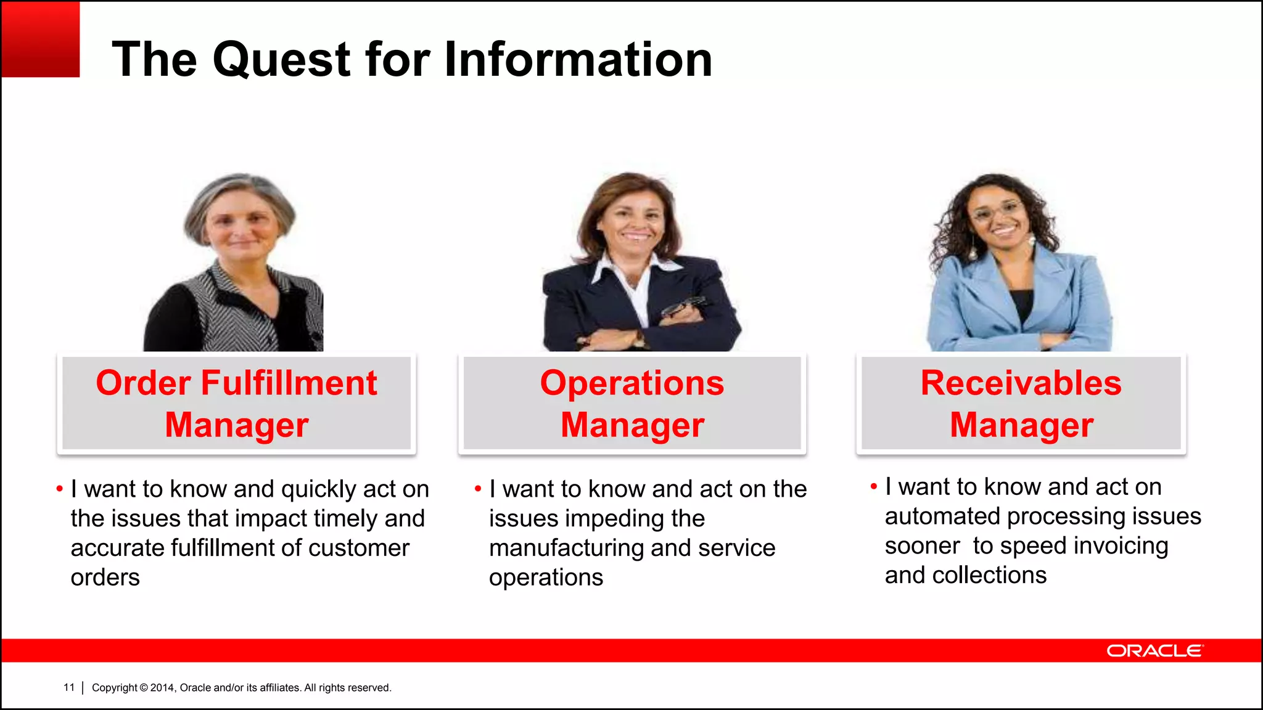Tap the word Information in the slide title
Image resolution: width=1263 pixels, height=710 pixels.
click(578, 60)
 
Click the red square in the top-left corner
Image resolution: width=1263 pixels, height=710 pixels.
click(41, 39)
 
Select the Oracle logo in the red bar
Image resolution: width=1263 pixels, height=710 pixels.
click(1154, 651)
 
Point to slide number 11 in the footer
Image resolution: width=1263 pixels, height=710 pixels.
click(69, 687)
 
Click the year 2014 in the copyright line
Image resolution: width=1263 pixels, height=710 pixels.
click(163, 688)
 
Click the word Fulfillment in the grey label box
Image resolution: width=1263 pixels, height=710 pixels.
click(289, 383)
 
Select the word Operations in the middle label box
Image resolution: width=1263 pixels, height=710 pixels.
click(632, 383)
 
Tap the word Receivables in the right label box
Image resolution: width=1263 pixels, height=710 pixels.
click(1021, 383)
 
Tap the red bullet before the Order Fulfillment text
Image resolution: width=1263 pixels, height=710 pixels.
click(59, 489)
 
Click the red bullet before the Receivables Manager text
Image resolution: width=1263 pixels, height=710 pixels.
click(873, 487)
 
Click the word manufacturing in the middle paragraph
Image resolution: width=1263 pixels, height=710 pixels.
click(566, 548)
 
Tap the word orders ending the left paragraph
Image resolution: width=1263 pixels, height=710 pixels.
click(105, 577)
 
